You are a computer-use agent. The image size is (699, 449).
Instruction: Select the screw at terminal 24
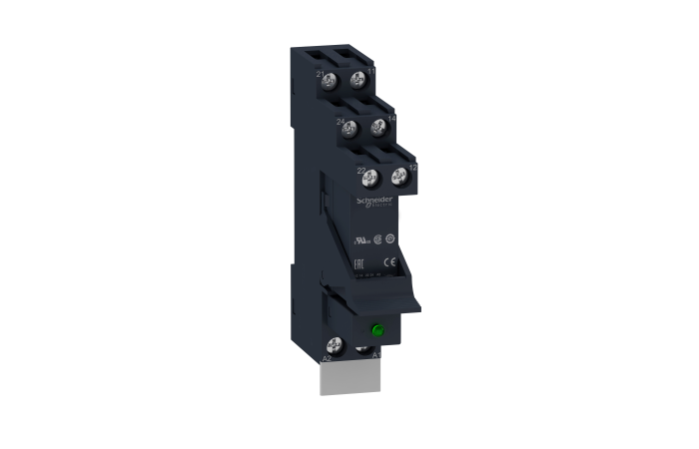point(349,129)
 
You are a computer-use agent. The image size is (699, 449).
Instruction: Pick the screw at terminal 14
point(377,128)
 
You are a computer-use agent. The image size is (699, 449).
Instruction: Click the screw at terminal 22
point(368,180)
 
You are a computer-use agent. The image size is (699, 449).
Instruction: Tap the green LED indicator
point(379,330)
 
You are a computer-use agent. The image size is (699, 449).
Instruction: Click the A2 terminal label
point(326,356)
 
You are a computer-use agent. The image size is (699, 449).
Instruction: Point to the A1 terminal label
point(375,354)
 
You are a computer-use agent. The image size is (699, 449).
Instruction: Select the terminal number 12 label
point(412,170)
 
